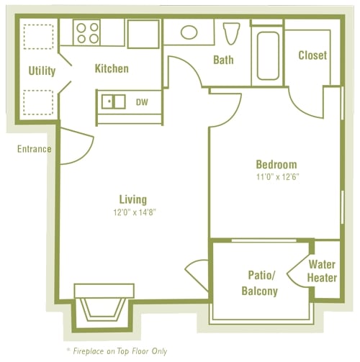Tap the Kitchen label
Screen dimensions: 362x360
[x=112, y=69]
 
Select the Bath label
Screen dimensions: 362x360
[x=223, y=60]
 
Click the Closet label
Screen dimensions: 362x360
[x=312, y=55]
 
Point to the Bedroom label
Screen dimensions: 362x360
[x=276, y=165]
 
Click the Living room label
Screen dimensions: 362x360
[x=133, y=199]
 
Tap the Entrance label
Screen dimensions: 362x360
[x=35, y=149]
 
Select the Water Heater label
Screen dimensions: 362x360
[x=322, y=271]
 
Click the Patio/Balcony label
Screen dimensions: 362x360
[x=259, y=282]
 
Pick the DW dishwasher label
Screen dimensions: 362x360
[x=142, y=102]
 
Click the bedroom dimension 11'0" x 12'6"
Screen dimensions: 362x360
[x=276, y=177]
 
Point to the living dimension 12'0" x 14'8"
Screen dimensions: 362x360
[x=133, y=212]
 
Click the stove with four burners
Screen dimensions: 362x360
[x=89, y=32]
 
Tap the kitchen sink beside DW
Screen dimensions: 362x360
[x=113, y=101]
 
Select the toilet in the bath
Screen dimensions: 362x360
[x=231, y=34]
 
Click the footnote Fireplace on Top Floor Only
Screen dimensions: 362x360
[x=120, y=350]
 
